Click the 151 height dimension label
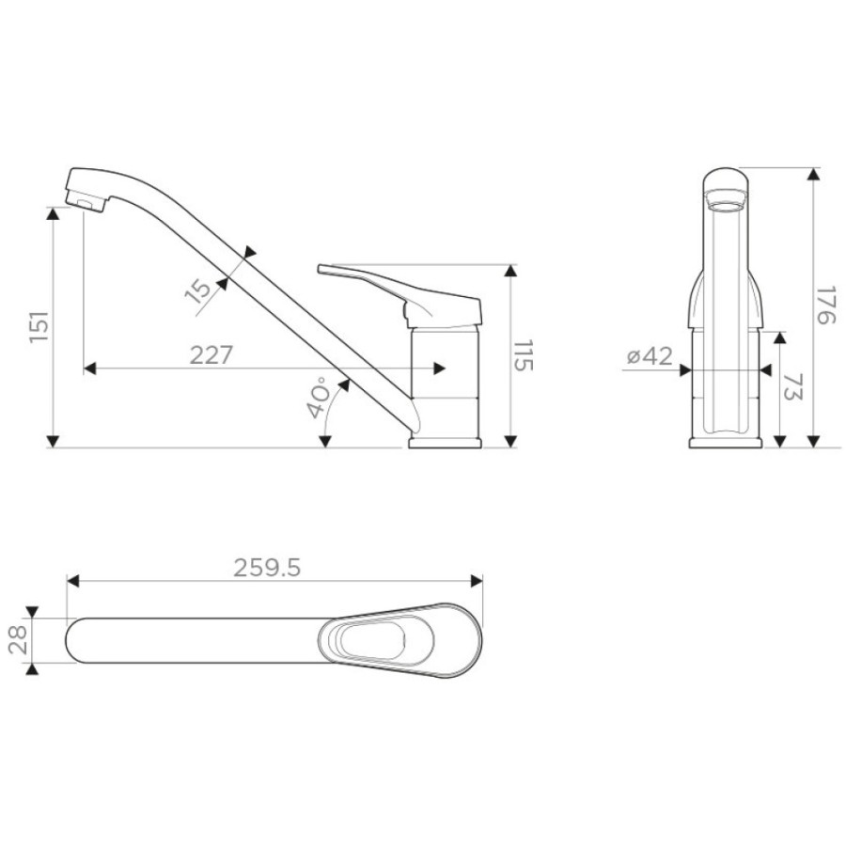point(39,326)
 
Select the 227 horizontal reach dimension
point(211,354)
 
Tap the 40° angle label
point(318,398)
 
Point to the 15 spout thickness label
point(198,290)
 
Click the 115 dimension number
point(523,355)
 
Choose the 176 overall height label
point(825,305)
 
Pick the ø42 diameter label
point(650,356)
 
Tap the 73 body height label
point(792,386)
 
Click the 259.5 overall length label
point(267,568)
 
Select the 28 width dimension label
point(19,640)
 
